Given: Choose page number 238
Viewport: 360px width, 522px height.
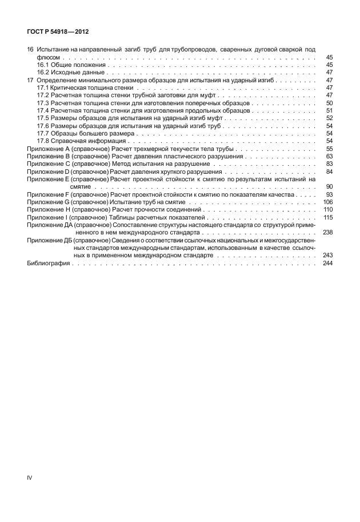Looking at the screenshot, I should [x=327, y=233].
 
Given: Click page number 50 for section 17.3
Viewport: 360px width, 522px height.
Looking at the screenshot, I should [x=329, y=103].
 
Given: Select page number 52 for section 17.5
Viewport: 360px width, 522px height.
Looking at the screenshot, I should [x=329, y=118].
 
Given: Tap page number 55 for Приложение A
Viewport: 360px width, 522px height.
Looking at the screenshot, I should [x=329, y=149].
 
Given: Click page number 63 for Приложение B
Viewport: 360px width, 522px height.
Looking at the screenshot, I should [x=329, y=156].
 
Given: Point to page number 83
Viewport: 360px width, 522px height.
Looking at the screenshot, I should [x=329, y=164].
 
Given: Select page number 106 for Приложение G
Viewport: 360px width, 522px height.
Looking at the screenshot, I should [x=327, y=202].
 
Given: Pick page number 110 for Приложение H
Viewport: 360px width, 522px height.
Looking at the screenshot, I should [x=327, y=210].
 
